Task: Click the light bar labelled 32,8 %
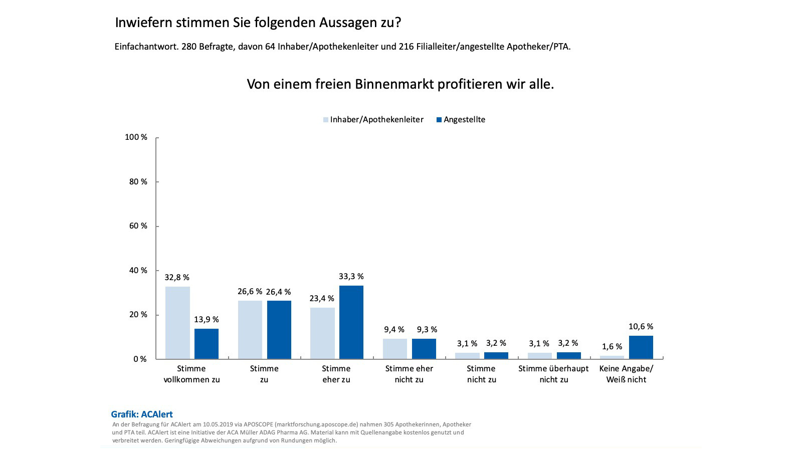coord(177,323)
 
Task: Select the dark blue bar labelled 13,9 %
coord(207,344)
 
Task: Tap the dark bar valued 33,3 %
coord(351,322)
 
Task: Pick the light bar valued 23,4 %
coord(322,333)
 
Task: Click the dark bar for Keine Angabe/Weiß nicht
coord(641,347)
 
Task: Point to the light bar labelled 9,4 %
coord(395,349)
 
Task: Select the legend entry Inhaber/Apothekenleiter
coord(373,120)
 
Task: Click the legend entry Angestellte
coord(461,120)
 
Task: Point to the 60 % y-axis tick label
coord(138,226)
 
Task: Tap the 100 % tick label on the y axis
coord(136,137)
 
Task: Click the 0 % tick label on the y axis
coord(140,359)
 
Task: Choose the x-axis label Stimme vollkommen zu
coord(192,374)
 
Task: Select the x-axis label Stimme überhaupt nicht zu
coord(553,374)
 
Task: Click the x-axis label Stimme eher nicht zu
coord(409,374)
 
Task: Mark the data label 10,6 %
coord(641,327)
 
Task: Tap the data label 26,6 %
coord(250,292)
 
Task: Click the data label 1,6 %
coord(612,347)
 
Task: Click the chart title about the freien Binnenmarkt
coord(400,84)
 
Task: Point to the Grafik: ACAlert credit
coord(142,414)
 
